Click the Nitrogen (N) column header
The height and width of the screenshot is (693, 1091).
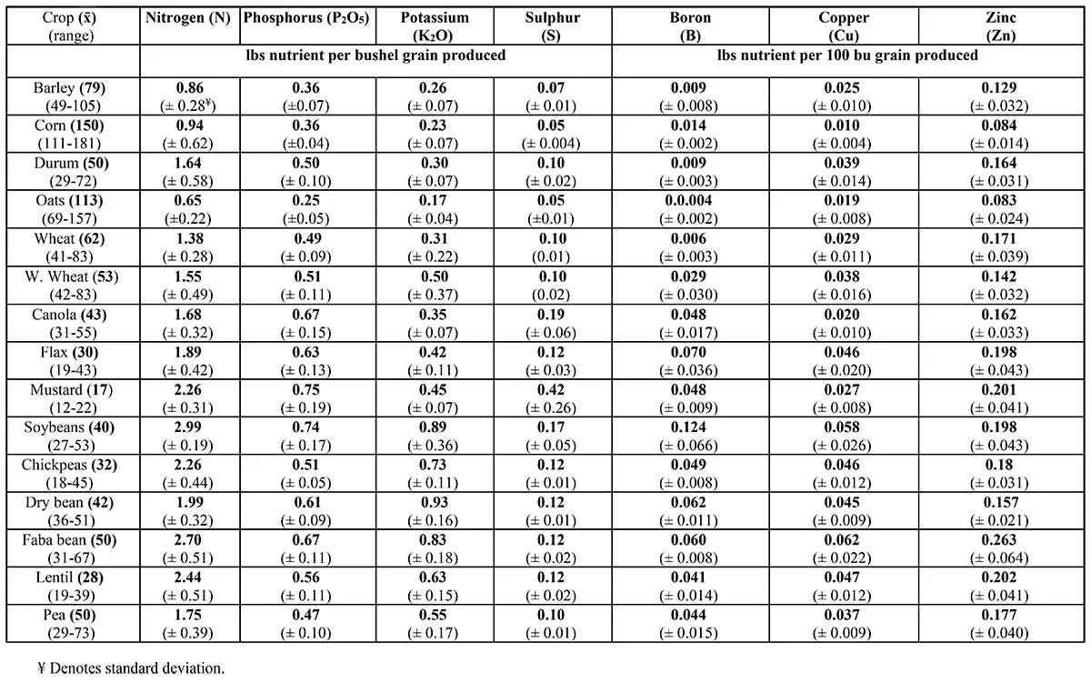coord(190,17)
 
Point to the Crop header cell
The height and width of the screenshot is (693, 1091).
coord(72,25)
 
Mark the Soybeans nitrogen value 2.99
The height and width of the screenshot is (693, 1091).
coord(190,427)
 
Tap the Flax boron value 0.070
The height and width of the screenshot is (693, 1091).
coord(689,351)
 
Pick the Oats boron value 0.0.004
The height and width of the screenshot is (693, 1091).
coord(689,201)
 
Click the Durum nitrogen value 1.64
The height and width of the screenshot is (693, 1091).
coord(190,163)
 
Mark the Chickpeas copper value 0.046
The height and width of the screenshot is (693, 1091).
coord(844,464)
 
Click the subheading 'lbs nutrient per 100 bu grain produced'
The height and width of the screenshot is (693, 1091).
coord(847,55)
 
